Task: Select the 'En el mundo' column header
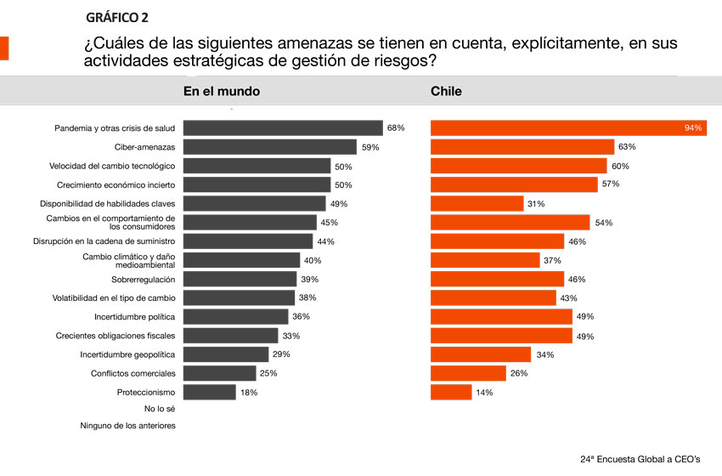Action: [x=222, y=91]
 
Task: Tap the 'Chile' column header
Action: [x=446, y=91]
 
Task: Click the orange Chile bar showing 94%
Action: [x=568, y=128]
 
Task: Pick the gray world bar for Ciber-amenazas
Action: [x=270, y=147]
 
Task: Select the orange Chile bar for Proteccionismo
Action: [x=451, y=392]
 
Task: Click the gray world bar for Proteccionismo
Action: [x=210, y=392]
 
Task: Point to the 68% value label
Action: [x=396, y=128]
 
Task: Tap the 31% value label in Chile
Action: [x=537, y=204]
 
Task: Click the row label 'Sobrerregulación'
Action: [x=143, y=279]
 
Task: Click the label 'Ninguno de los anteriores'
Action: [x=127, y=426]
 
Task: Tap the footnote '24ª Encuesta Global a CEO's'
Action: [x=640, y=459]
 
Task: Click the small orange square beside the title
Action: [x=4, y=48]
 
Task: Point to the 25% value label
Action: [x=269, y=373]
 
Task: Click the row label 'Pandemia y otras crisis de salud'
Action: [x=115, y=128]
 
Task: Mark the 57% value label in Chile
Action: [x=611, y=184]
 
